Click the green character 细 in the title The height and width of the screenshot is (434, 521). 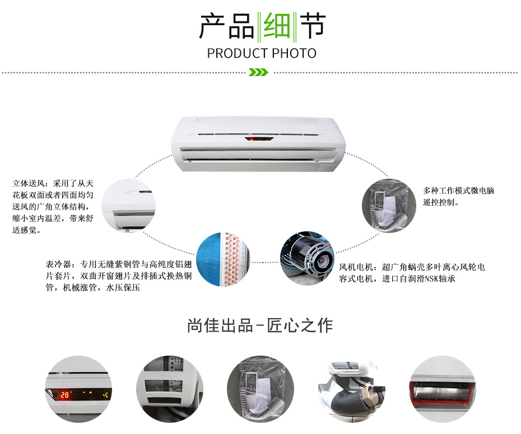click(x=276, y=26)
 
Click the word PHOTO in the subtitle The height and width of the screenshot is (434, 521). click(x=294, y=53)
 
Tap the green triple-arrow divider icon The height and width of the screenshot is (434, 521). click(x=258, y=72)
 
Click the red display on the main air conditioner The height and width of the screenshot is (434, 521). click(x=259, y=138)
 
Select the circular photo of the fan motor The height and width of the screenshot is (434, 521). click(x=307, y=259)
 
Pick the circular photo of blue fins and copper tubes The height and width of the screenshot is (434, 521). click(x=224, y=259)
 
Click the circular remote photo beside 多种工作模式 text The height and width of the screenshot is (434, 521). click(x=389, y=206)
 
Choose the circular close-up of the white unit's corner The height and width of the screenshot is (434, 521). click(x=128, y=206)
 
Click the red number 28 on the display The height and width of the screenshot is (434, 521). click(x=64, y=395)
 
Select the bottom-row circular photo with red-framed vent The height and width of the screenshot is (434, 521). click(x=443, y=389)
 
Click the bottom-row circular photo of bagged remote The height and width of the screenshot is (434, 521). click(x=260, y=389)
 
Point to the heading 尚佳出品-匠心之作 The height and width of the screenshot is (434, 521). click(x=260, y=325)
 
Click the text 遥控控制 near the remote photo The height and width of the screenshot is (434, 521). click(x=439, y=202)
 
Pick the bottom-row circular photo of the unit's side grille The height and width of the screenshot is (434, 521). click(x=169, y=389)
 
